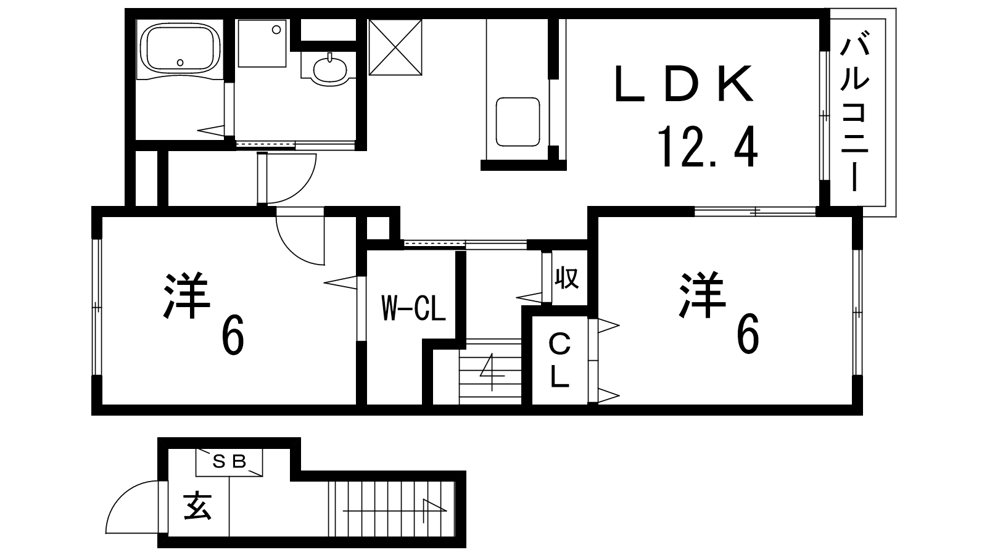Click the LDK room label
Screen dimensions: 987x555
coord(683,84)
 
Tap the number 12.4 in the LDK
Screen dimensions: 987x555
coord(708,147)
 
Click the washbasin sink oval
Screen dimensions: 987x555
coord(330,70)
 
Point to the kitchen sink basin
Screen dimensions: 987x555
coord(518,122)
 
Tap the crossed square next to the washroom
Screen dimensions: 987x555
coord(395,47)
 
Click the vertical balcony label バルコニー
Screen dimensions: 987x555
coord(854,115)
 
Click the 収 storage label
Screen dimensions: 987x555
coord(566,278)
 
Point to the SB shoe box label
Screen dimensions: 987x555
coord(229,461)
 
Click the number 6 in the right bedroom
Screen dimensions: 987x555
coord(748,334)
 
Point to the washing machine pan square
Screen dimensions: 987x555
coord(262,43)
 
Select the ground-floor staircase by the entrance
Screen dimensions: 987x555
coord(392,509)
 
